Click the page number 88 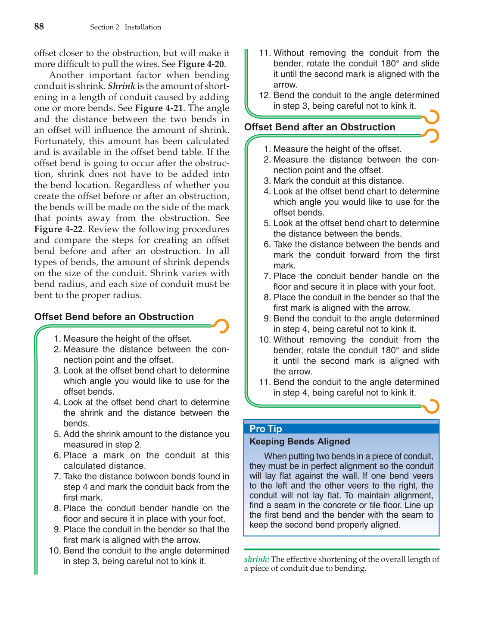[39, 27]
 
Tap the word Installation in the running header [143, 27]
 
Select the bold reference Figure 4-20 [201, 64]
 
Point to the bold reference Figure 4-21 [159, 108]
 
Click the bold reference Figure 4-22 [58, 229]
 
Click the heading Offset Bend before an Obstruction [114, 317]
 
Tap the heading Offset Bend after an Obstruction [319, 127]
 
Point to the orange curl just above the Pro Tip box [431, 406]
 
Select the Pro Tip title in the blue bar [265, 429]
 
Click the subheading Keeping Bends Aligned [299, 442]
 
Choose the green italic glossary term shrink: [256, 559]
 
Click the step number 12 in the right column [264, 95]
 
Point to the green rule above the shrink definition [341, 550]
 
